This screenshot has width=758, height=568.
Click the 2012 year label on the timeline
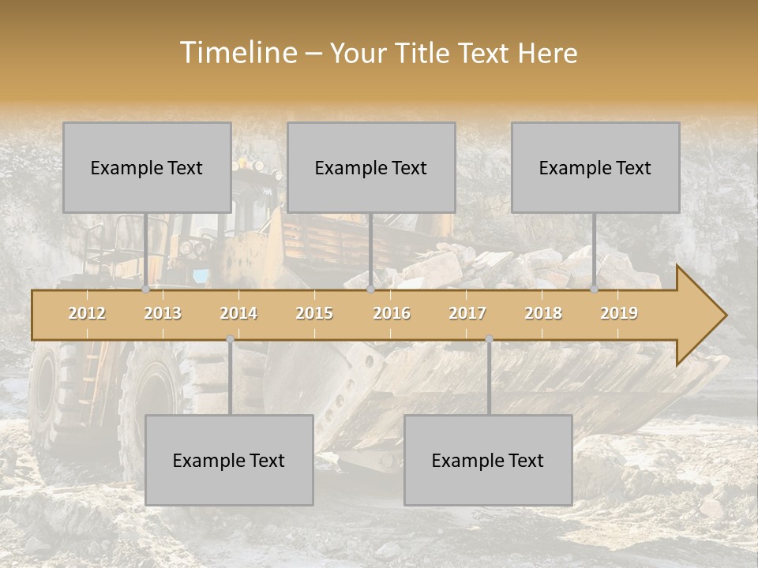pos(87,313)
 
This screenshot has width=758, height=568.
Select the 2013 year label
pos(163,313)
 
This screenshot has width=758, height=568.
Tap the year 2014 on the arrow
pos(238,313)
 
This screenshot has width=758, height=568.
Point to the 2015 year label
pos(314,313)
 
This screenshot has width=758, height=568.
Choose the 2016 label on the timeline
pos(392,313)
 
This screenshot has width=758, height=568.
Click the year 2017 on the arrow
pos(467,313)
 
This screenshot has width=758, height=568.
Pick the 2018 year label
pos(543,313)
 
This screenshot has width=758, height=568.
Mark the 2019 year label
pos(619,313)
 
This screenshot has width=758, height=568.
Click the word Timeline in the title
pos(237,53)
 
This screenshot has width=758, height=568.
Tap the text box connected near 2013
pos(147,167)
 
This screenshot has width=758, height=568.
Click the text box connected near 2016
pos(371,167)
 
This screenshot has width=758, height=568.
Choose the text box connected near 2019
pos(595,167)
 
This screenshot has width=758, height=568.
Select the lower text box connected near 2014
pos(229,460)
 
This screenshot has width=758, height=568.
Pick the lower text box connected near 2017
pos(488,460)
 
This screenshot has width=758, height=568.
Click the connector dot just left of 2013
pos(145,290)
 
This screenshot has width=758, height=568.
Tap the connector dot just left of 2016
pos(371,290)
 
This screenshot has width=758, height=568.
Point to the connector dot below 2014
pos(230,339)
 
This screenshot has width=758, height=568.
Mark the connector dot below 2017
pos(489,339)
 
